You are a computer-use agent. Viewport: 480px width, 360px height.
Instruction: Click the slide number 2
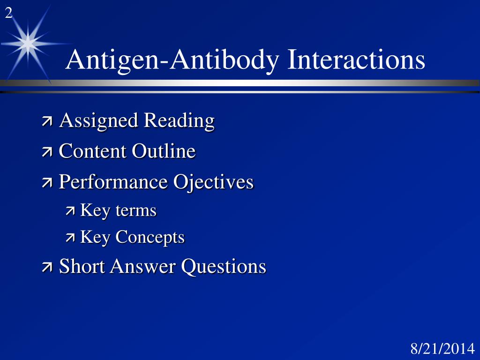coord(8,14)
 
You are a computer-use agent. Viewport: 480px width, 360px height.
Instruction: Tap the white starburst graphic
coord(28,44)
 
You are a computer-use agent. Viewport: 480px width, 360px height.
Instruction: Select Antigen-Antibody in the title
coord(173,60)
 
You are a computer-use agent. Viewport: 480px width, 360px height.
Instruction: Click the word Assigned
coord(99,121)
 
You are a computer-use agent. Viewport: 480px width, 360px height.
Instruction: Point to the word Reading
coord(179,121)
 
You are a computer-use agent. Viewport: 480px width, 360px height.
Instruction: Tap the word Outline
coord(164,151)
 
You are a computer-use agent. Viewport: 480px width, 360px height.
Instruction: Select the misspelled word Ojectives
coord(214,182)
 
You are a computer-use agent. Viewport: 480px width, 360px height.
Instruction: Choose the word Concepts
coord(150,237)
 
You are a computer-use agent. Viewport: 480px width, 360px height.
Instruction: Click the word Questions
coord(224,267)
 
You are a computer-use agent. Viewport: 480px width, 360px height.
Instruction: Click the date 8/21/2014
coord(442,349)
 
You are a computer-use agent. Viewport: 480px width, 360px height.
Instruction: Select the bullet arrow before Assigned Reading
coord(47,122)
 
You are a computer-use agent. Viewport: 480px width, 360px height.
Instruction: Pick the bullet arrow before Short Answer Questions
coord(47,268)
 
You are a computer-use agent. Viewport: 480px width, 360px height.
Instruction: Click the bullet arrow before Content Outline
coord(47,153)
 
